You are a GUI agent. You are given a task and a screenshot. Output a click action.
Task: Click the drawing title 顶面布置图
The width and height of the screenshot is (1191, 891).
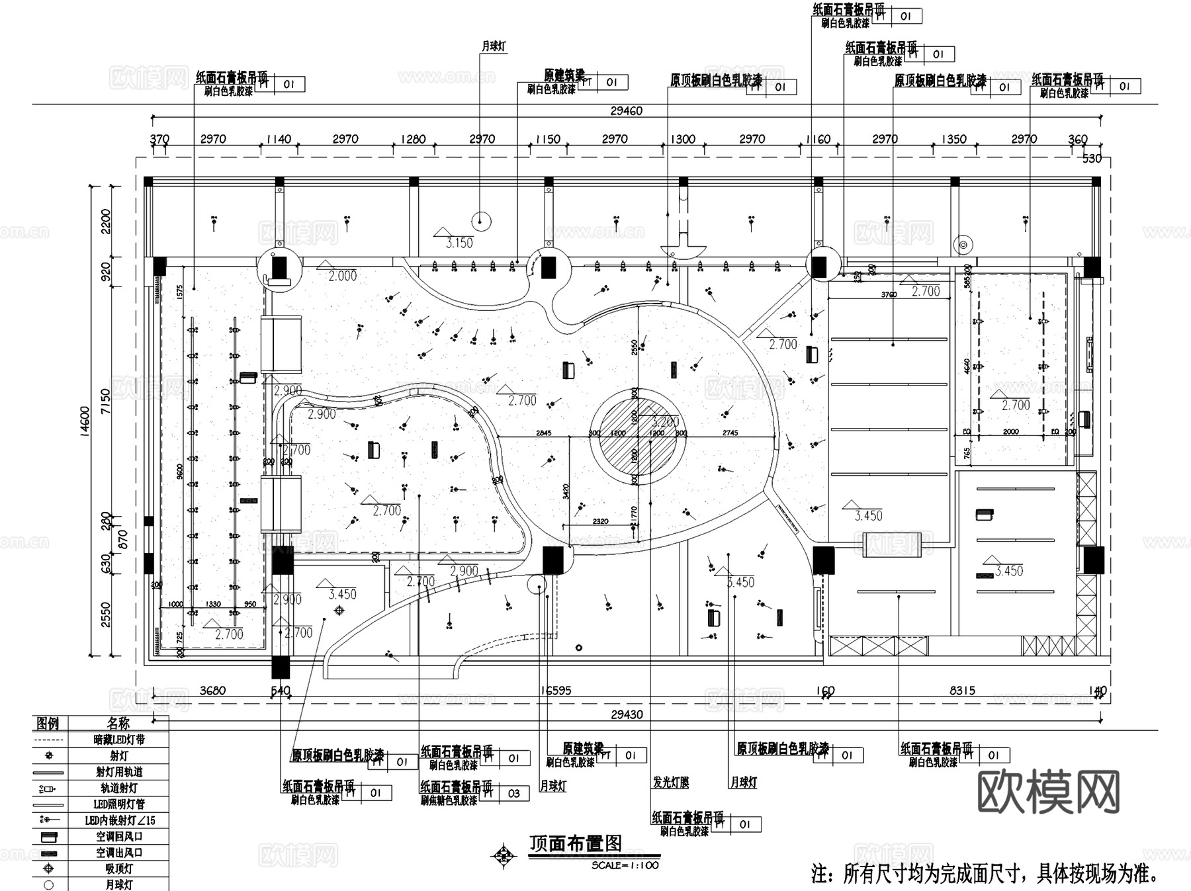[576, 843]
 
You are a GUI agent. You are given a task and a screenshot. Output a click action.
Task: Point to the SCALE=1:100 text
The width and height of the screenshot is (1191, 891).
[625, 865]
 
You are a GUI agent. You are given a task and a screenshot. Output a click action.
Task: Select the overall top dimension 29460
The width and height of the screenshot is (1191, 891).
[626, 111]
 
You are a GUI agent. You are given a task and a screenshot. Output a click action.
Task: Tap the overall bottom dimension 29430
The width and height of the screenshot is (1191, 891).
[626, 714]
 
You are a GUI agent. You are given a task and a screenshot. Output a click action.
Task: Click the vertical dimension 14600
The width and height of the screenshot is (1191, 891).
[85, 423]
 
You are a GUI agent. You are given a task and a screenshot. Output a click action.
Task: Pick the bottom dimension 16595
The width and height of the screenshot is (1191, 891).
[556, 691]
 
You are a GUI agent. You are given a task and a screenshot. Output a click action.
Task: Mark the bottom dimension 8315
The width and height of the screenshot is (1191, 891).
[962, 691]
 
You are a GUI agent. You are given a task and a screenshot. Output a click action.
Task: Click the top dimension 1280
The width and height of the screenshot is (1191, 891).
[414, 140]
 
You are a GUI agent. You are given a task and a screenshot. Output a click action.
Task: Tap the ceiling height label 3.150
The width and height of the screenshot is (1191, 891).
[459, 243]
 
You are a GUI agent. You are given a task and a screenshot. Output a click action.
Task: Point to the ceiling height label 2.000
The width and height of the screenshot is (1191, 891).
[343, 276]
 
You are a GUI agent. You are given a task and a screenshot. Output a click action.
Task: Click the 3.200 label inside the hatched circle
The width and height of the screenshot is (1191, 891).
[665, 422]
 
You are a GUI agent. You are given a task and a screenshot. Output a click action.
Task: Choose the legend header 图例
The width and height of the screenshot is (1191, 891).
[48, 723]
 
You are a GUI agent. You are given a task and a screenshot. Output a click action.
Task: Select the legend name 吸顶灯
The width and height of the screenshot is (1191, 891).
[119, 869]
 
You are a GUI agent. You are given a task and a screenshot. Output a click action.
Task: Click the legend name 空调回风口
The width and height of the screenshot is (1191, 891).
[119, 837]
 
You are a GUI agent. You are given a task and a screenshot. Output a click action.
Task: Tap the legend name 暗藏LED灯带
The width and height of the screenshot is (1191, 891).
[119, 740]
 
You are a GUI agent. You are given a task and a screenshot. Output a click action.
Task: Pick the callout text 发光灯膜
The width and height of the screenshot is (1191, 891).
[671, 783]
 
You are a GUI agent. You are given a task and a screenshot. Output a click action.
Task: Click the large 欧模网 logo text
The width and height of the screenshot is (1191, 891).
[1048, 792]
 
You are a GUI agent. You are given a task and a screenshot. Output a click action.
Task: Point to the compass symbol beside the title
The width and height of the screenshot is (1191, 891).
[504, 855]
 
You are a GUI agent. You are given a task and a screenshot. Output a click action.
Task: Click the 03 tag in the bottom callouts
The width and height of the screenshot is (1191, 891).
[514, 793]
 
